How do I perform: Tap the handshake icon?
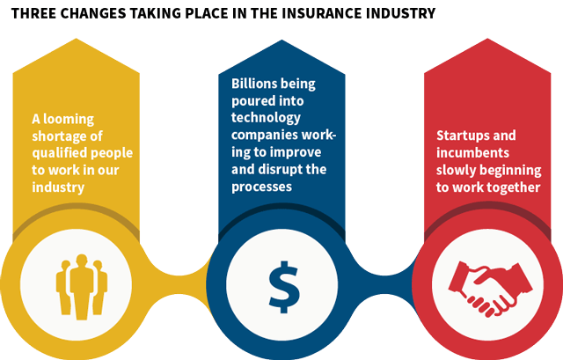click(x=491, y=289)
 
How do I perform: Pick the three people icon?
click(x=82, y=287)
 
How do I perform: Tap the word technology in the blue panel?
click(x=266, y=118)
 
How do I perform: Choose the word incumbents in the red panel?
click(x=472, y=152)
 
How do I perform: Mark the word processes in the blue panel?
click(x=261, y=187)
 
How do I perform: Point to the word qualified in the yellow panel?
click(x=55, y=153)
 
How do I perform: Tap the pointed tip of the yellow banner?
click(x=77, y=39)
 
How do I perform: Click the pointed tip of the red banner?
click(x=487, y=39)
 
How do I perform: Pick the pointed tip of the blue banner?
click(x=281, y=40)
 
